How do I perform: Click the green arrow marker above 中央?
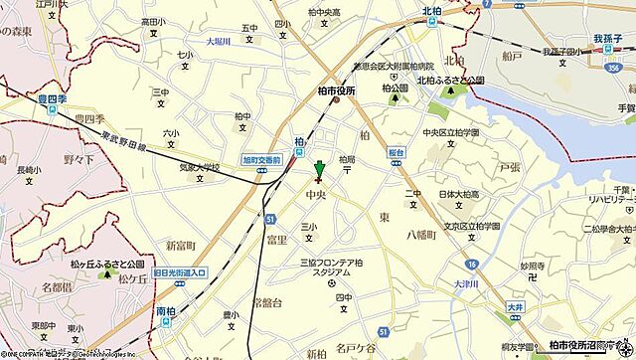click(319, 169)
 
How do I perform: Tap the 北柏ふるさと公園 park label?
click(449, 81)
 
